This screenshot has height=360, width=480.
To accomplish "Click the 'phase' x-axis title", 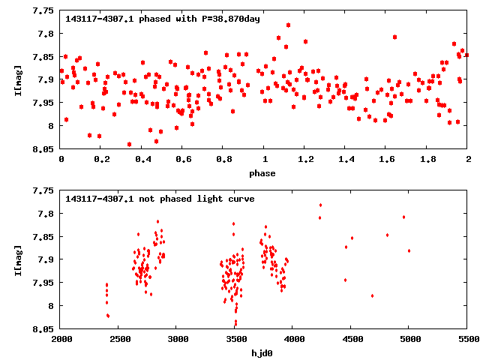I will pyautogui.click(x=264, y=173).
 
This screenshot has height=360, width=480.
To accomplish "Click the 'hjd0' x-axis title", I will pyautogui.click(x=264, y=353).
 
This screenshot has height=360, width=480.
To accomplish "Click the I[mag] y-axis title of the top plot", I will pyautogui.click(x=18, y=79).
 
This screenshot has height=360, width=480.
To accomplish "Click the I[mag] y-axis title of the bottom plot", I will pyautogui.click(x=18, y=259).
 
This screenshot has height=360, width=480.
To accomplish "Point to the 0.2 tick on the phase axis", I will pyautogui.click(x=102, y=159).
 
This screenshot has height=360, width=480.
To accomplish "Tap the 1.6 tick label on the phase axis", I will pyautogui.click(x=386, y=159).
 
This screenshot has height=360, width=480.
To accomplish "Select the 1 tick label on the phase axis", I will pyautogui.click(x=265, y=159).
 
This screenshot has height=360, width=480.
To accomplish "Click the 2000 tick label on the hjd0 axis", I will pyautogui.click(x=61, y=339).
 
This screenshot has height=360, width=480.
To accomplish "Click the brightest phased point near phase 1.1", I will pyautogui.click(x=288, y=25).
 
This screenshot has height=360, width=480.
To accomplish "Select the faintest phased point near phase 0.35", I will pyautogui.click(x=129, y=144).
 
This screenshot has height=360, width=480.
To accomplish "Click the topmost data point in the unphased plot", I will pyautogui.click(x=320, y=205).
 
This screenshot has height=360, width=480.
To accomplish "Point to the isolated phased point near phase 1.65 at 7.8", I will pyautogui.click(x=394, y=37).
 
